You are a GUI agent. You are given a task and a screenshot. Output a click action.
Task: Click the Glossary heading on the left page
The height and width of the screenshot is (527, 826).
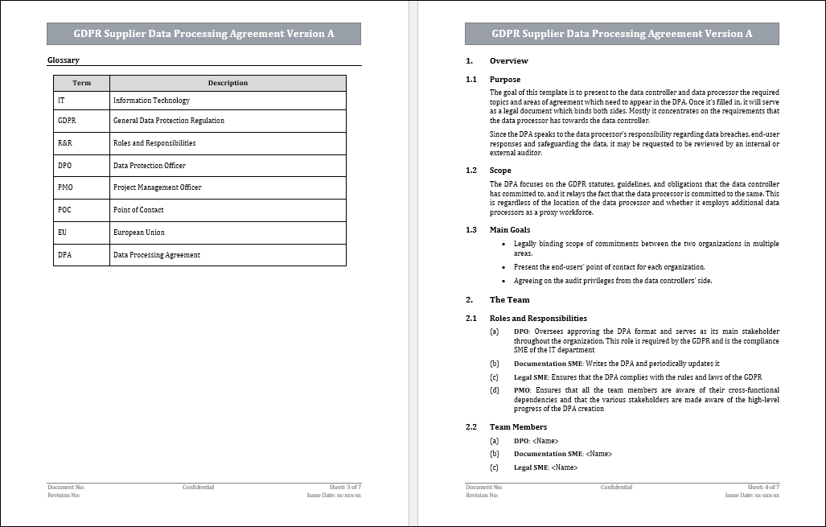[64, 60]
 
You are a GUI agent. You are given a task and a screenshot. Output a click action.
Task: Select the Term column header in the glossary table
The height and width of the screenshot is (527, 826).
[81, 83]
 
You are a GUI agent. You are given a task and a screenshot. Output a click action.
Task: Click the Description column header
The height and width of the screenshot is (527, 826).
[228, 83]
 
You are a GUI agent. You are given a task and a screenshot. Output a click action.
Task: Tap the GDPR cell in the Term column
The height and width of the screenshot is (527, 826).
[67, 121]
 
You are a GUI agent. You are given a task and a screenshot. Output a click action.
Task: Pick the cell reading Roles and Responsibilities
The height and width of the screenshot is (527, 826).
[154, 143]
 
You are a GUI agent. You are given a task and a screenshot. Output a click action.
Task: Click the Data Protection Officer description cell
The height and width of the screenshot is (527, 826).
[150, 166]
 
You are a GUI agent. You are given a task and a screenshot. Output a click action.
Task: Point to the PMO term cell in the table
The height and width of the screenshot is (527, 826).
[66, 187]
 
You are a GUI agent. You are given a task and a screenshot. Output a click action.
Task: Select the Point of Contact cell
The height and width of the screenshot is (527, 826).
[138, 210]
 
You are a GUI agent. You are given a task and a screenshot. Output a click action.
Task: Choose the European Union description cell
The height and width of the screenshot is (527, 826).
[139, 233]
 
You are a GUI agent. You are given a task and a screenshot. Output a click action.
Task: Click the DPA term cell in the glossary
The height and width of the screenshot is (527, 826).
[65, 255]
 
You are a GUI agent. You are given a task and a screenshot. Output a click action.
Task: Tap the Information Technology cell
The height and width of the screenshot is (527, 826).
[151, 101]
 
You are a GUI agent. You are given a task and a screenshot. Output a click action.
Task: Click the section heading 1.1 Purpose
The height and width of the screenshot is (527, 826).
[504, 80]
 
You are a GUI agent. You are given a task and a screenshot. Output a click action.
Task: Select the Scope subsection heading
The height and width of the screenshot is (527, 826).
[500, 171]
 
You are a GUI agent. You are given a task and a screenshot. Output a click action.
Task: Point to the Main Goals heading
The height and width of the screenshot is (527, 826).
[510, 230]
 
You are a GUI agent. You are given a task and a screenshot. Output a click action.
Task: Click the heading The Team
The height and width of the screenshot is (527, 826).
[509, 300]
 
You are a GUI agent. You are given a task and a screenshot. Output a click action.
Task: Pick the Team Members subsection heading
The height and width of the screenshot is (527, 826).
[518, 427]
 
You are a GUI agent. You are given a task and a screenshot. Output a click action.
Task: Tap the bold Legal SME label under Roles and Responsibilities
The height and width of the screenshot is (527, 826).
[532, 377]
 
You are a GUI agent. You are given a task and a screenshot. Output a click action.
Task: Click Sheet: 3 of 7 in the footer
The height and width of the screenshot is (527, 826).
[345, 487]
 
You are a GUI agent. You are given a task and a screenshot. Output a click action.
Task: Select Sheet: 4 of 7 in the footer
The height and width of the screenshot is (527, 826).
[763, 487]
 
